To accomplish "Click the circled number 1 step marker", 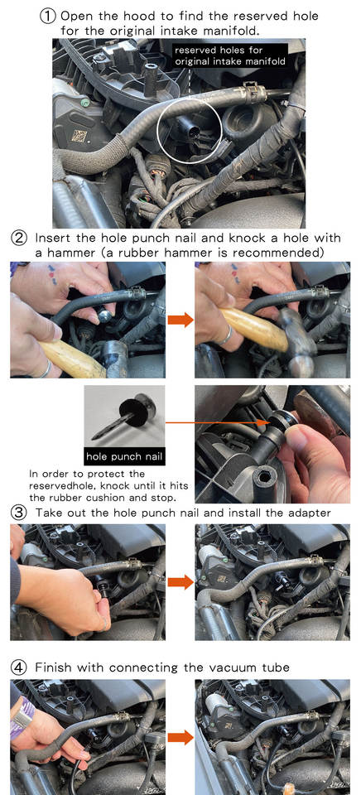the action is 47,17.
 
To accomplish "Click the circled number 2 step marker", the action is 19,238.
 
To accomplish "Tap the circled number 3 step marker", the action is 19,513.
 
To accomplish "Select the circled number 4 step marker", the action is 19,667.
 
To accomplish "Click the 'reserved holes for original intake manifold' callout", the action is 229,56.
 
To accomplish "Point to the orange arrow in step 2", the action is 180,320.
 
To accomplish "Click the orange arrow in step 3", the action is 180,582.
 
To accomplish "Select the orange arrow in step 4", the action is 180,737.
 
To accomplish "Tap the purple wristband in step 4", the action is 22,715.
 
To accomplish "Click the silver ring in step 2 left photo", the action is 46,369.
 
